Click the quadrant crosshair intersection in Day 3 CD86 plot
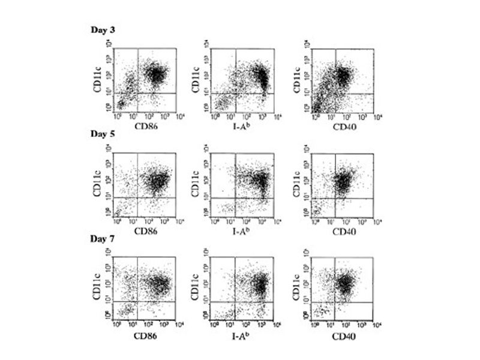(139, 92)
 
